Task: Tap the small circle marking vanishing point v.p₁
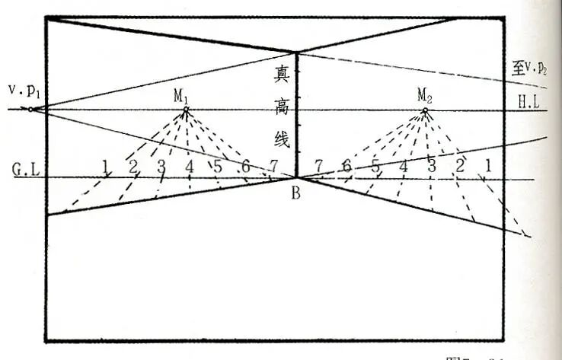point(30,110)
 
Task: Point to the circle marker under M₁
point(185,110)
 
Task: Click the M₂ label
point(425,95)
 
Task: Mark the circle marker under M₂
point(425,111)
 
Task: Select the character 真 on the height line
point(283,75)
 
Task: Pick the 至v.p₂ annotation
point(532,70)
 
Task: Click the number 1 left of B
point(106,164)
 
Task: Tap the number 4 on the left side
point(189,166)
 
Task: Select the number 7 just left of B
point(273,167)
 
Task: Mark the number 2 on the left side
point(133,166)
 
